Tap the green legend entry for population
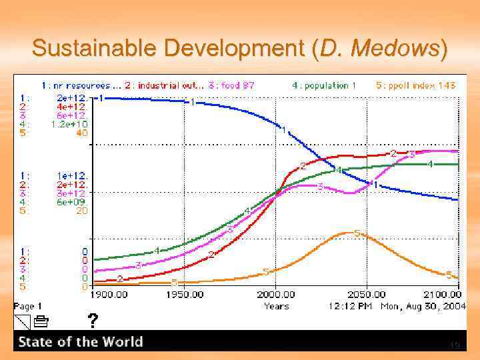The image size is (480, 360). (x=324, y=85)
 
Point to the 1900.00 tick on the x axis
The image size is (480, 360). (x=109, y=294)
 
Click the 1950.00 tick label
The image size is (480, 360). (x=185, y=294)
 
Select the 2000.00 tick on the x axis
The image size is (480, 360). (x=275, y=294)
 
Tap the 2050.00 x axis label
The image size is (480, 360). (x=366, y=294)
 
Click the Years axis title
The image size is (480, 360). (x=276, y=306)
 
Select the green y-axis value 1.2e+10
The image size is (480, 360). (x=69, y=124)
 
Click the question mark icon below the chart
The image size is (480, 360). (x=93, y=321)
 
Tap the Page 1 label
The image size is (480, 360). (x=28, y=306)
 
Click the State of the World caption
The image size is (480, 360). (x=81, y=342)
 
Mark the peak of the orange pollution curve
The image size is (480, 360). (x=347, y=233)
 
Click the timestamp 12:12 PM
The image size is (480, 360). (x=351, y=306)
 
